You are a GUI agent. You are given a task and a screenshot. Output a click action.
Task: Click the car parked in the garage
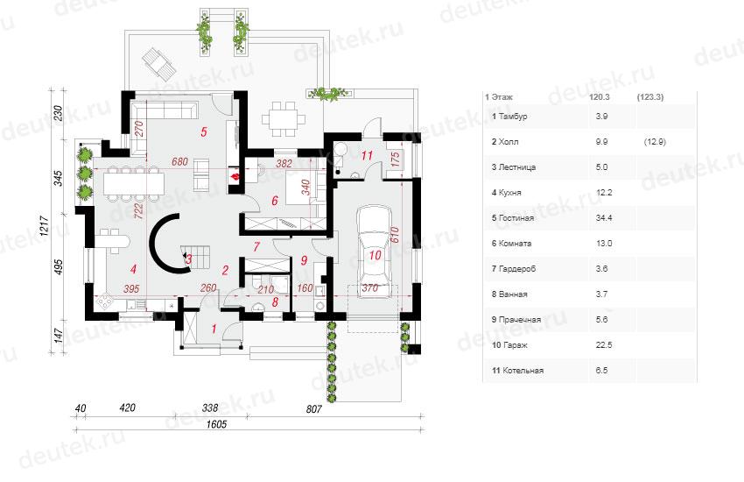pyautogui.click(x=375, y=252)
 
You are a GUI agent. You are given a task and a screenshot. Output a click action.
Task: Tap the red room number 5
pyautogui.click(x=204, y=131)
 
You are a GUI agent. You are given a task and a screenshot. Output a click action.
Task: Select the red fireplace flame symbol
pyautogui.click(x=235, y=178)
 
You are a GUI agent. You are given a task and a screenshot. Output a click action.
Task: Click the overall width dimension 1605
pyautogui.click(x=216, y=424)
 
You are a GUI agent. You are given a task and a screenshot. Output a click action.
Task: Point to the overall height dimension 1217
pyautogui.click(x=44, y=225)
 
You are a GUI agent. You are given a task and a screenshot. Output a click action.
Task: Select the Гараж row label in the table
pyautogui.click(x=509, y=345)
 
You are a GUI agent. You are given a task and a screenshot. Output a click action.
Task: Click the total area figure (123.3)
pyautogui.click(x=650, y=97)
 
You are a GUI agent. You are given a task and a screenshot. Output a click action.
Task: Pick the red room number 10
pyautogui.click(x=375, y=256)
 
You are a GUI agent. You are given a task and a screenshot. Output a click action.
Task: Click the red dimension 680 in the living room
pyautogui.click(x=179, y=162)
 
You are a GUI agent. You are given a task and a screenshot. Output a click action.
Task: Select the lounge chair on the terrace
pyautogui.click(x=158, y=63)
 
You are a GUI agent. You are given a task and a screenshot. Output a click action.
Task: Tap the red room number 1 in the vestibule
pyautogui.click(x=214, y=328)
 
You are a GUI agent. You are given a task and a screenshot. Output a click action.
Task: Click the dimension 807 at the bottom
pyautogui.click(x=313, y=408)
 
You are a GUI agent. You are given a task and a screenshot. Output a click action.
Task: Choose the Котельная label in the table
pyautogui.click(x=517, y=371)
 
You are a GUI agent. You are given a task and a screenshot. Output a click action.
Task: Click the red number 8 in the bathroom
pyautogui.click(x=275, y=301)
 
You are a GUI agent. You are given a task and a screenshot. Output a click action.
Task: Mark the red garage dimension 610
pyautogui.click(x=396, y=236)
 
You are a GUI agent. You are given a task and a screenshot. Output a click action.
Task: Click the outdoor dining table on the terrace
pyautogui.click(x=284, y=117)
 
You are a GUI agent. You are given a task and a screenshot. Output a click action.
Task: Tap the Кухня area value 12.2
pyautogui.click(x=604, y=192)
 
